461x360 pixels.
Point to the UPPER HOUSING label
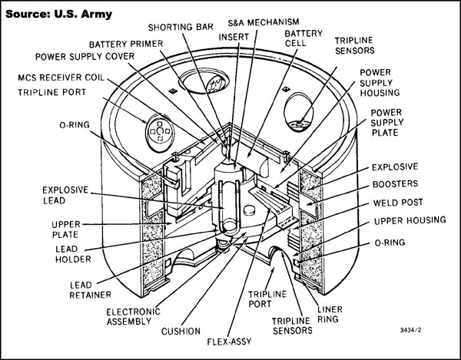coord(408,220)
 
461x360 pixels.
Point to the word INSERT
coord(233,36)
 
